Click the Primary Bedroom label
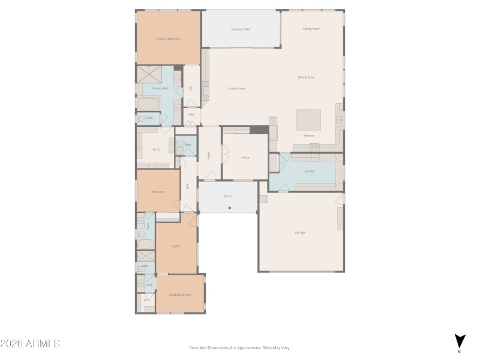pyautogui.click(x=169, y=39)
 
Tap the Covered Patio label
pyautogui.click(x=241, y=29)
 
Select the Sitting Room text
pyautogui.click(x=311, y=29)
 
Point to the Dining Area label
pyautogui.click(x=307, y=77)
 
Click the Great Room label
pyautogui.click(x=236, y=88)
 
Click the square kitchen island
pyautogui.click(x=308, y=119)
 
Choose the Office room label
pyautogui.click(x=245, y=158)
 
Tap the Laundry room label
pyautogui.click(x=309, y=171)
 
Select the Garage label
pyautogui.click(x=300, y=232)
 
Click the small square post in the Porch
pyautogui.click(x=229, y=208)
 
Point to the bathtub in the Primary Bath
pyautogui.click(x=148, y=104)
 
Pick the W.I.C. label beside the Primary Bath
pyautogui.click(x=155, y=149)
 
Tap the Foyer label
pyautogui.click(x=209, y=155)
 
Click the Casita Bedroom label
pyautogui.click(x=180, y=295)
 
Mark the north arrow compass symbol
pyautogui.click(x=459, y=341)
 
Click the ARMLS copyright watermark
pyautogui.click(x=30, y=344)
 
